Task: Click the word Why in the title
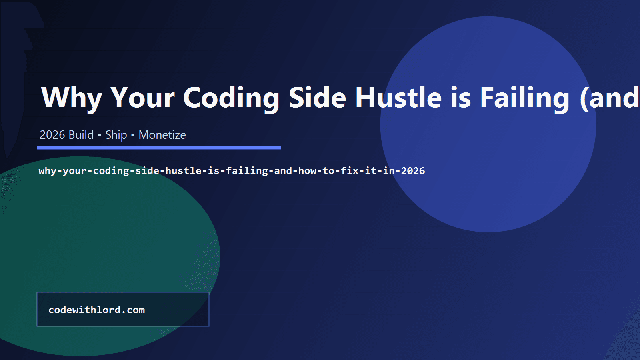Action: tap(72, 98)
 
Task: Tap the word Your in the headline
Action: tap(143, 98)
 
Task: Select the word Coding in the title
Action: tap(231, 98)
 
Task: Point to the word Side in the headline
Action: tap(317, 98)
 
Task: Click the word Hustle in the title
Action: tap(398, 98)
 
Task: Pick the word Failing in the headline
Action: tap(524, 98)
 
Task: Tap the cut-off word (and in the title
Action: tap(610, 98)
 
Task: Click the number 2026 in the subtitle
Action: tap(52, 135)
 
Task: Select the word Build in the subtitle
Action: tap(81, 135)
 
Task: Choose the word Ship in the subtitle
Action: tap(116, 135)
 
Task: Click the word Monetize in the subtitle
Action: tap(162, 135)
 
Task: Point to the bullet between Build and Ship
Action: tap(100, 135)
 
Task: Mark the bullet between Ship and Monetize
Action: tap(133, 135)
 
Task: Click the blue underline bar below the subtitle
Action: tap(159, 148)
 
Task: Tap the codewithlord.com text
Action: tap(96, 310)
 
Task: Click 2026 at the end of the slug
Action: tap(413, 171)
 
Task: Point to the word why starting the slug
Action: tap(48, 171)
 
